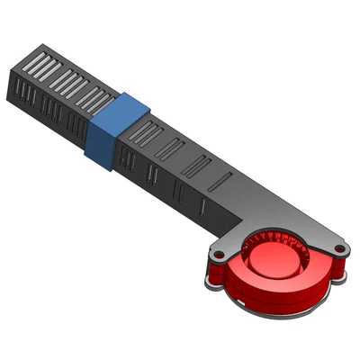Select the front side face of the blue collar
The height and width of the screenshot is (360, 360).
tap(100, 144)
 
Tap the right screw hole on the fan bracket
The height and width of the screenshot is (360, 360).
tap(339, 247)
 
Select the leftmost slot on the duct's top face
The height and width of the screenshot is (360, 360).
tap(36, 64)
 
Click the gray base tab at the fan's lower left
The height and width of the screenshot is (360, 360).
tap(210, 283)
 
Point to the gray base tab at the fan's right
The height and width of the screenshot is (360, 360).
tap(340, 276)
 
